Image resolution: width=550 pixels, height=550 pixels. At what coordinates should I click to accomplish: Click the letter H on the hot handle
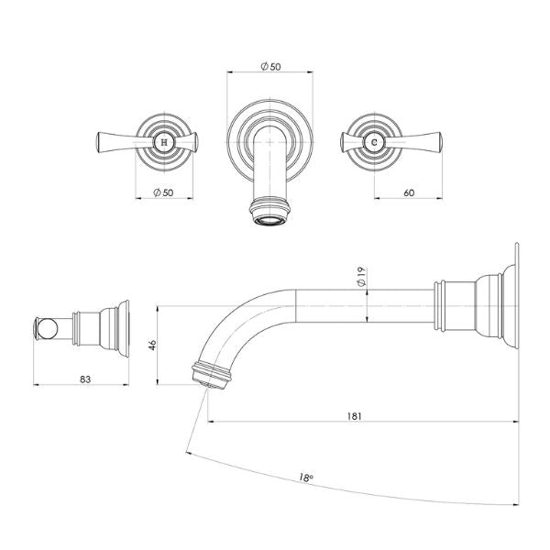pos(164,141)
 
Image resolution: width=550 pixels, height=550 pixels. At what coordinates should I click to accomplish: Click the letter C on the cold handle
pos(374,141)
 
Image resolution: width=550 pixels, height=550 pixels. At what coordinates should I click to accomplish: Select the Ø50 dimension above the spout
pos(272,67)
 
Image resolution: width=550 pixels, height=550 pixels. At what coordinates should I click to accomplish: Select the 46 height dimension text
pos(153,346)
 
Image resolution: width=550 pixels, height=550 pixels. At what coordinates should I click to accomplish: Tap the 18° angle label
pos(306,478)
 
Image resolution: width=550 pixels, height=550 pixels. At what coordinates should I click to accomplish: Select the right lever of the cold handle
pos(423,141)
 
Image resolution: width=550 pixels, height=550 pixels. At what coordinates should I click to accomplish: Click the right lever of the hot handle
pos(189,141)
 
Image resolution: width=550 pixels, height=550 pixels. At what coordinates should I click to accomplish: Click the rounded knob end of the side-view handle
pos(42,328)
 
